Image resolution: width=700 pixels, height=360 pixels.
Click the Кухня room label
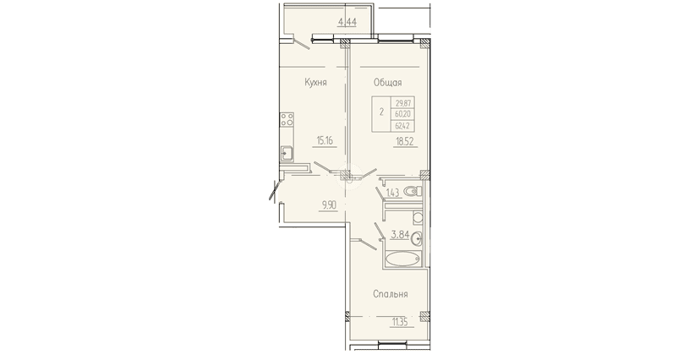point(316,82)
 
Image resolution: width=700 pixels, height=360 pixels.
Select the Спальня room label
point(391,294)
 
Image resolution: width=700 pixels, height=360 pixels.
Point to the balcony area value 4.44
point(346,22)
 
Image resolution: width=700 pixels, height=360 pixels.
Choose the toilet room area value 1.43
point(392,194)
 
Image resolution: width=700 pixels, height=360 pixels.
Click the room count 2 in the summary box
point(382,111)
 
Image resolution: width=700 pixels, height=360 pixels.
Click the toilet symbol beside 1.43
point(413,192)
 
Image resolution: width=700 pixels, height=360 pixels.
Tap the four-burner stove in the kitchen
point(287,121)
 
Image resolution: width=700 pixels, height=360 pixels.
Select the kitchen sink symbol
point(287,154)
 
